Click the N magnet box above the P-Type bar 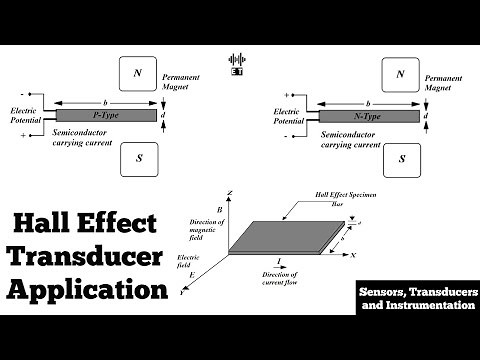coord(139,73)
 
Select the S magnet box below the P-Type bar coord(139,159)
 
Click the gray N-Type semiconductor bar coord(368,115)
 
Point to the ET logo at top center coord(237,62)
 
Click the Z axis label coord(230,189)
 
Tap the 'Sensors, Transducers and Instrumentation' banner coord(416,296)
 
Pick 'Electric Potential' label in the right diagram coord(287,116)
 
